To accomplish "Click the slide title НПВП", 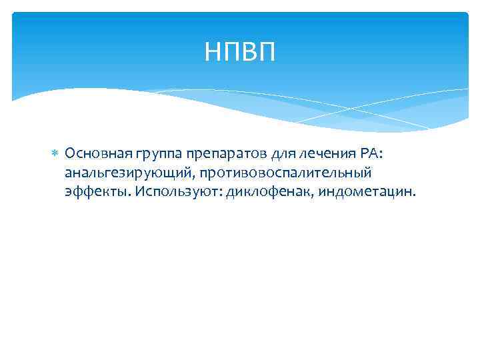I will (239, 51).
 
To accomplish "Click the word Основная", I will (92, 154).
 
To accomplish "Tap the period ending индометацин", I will (414, 195).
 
